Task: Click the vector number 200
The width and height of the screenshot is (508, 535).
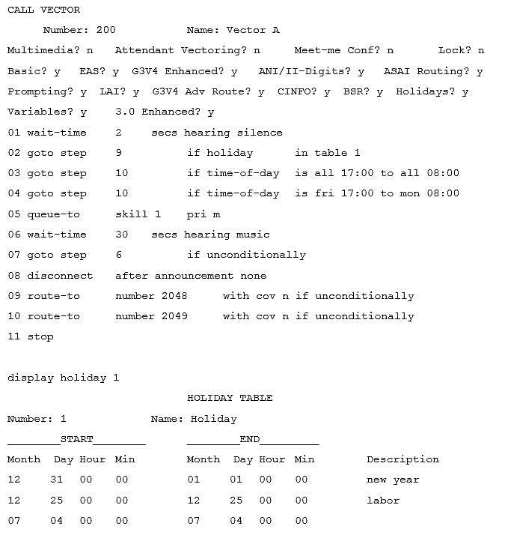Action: point(106,30)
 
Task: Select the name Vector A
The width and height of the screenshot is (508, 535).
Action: point(253,30)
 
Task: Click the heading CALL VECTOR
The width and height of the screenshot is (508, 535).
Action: point(43,10)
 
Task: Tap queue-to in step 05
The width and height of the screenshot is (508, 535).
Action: point(54,214)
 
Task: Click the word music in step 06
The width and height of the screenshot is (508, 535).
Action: point(253,235)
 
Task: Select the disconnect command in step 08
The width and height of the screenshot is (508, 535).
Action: point(60,276)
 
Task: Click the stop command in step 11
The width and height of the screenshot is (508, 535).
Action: point(40,336)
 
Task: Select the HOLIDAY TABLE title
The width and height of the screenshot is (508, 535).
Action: point(230,398)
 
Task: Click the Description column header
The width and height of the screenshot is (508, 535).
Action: point(403,459)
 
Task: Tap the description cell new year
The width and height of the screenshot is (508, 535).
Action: point(393,480)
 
